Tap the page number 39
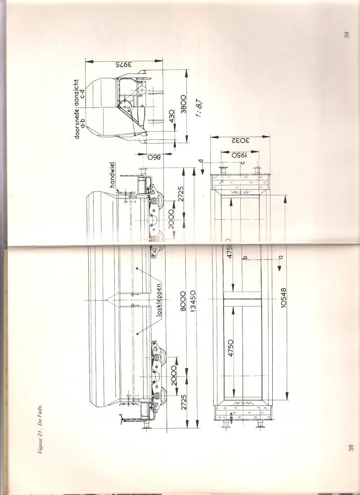click(x=346, y=35)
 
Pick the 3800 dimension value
click(x=183, y=104)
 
